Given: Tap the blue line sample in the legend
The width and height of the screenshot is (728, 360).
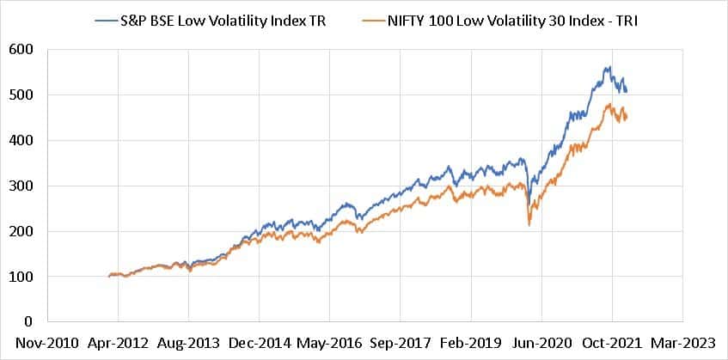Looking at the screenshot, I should click(x=109, y=15).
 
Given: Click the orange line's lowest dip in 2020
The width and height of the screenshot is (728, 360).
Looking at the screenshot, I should click(x=529, y=225).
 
